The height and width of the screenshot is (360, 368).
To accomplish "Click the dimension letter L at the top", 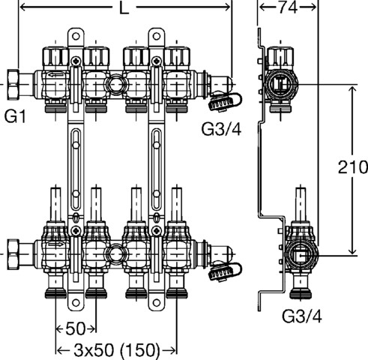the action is tap(124, 8).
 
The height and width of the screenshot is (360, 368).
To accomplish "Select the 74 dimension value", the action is tap(288, 7).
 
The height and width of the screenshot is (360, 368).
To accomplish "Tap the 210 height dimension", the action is tap(353, 167).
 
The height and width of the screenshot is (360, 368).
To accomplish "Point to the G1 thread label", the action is tap(15, 116).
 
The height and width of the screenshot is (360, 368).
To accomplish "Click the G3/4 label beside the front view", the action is tap(222, 129).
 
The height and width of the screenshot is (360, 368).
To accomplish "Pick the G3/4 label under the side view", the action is tap(302, 316).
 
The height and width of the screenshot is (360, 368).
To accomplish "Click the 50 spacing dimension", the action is tap(76, 328).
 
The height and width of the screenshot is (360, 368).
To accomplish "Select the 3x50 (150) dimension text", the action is tap(117, 349).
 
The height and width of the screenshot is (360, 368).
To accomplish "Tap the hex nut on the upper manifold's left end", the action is tap(13, 85).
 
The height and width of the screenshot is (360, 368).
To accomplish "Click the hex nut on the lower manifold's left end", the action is tap(13, 254).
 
